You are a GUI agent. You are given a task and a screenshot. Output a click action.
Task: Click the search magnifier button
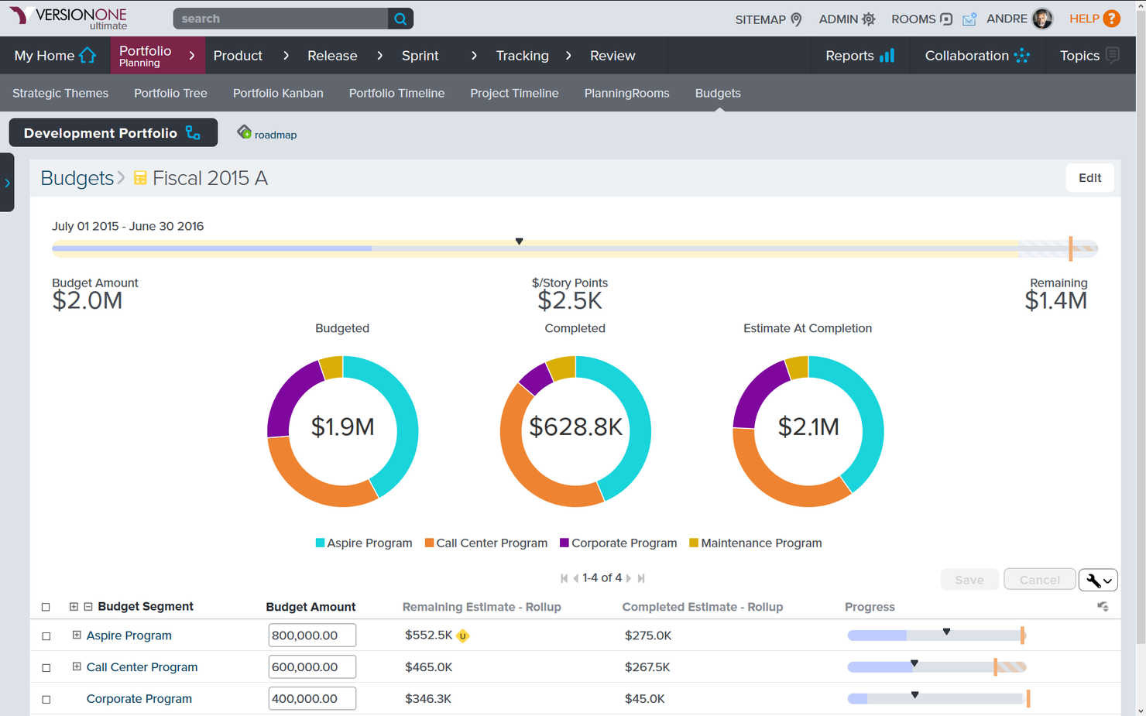pos(400,19)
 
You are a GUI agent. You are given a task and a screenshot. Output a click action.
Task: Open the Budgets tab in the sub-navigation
pos(718,93)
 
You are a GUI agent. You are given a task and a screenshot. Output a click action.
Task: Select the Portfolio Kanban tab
pos(278,93)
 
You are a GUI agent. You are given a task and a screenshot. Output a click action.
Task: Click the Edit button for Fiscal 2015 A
pos(1089,178)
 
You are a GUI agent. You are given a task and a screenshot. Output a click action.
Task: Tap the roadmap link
pos(275,135)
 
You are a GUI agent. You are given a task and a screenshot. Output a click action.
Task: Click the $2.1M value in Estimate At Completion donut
pos(808,427)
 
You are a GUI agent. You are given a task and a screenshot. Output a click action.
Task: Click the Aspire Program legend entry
pos(364,543)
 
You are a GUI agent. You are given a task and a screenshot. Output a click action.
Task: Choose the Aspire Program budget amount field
pos(312,635)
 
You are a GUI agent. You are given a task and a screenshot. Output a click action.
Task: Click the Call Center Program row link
pos(142,667)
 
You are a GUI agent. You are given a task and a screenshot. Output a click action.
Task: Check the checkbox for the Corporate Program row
pos(46,699)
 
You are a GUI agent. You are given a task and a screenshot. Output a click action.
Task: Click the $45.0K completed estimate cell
pos(644,699)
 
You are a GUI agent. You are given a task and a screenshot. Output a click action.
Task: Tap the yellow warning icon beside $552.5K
pos(462,635)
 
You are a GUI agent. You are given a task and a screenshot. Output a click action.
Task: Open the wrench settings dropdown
pos(1098,580)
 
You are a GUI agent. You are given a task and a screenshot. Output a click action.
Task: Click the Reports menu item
pos(859,55)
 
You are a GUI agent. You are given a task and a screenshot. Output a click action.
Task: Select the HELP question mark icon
pos(1111,19)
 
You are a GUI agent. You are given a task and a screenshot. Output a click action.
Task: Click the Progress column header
pos(870,607)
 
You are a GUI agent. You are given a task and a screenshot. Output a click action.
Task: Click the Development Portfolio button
pos(113,133)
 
